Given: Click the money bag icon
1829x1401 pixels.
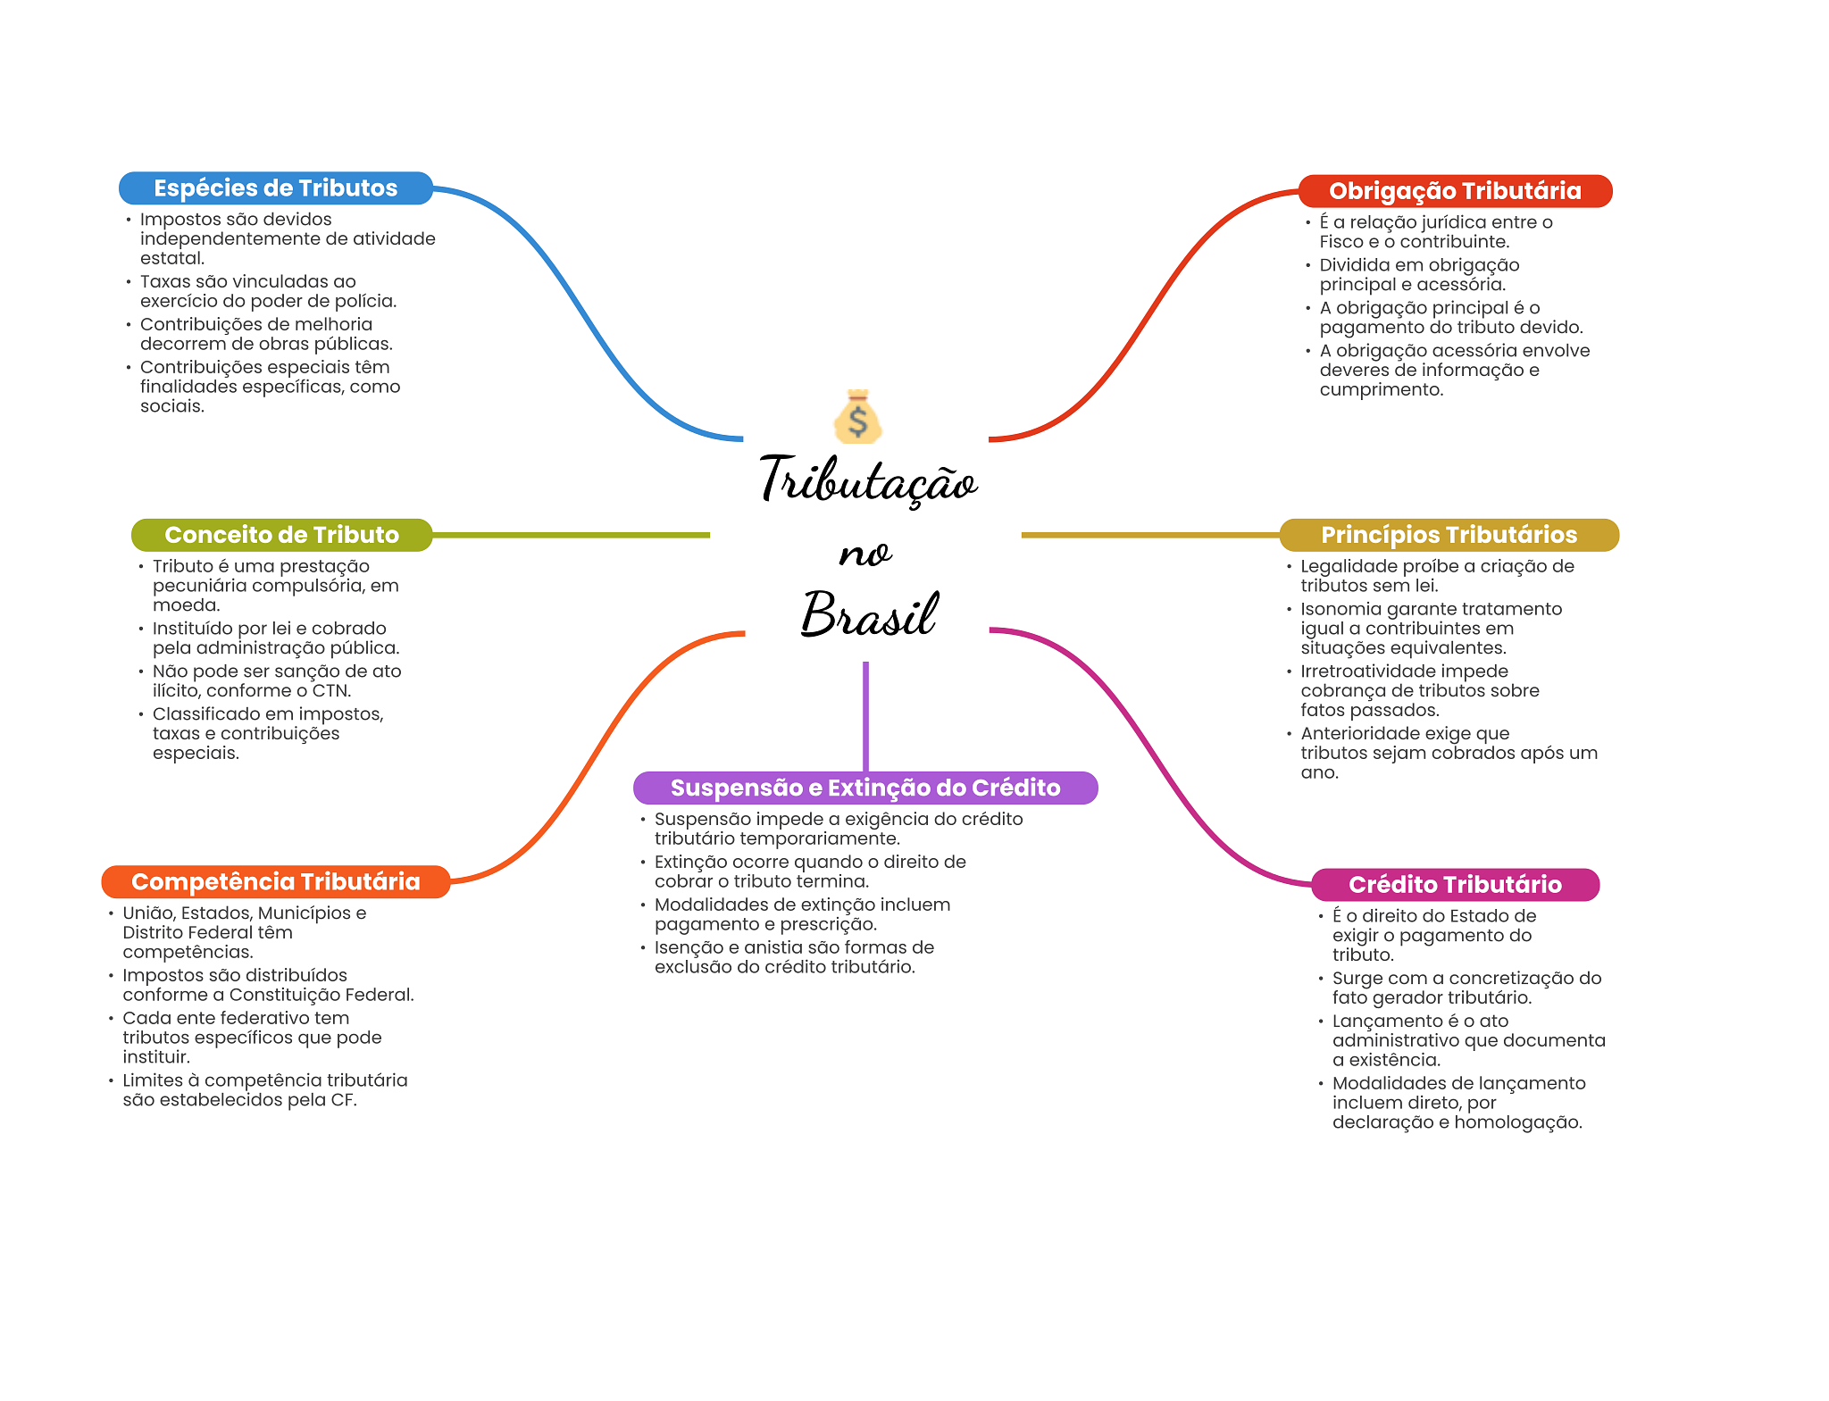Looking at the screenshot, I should tap(857, 417).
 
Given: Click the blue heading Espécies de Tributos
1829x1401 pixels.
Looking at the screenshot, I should tap(275, 188).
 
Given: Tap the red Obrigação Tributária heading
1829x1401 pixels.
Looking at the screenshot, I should tap(1454, 191).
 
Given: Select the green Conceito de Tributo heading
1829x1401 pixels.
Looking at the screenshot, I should tap(281, 535).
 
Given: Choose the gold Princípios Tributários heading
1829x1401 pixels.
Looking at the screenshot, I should tap(1449, 535).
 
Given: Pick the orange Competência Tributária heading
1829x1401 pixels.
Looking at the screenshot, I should tap(275, 882).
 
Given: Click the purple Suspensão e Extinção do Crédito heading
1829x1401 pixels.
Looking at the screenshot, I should tap(864, 788).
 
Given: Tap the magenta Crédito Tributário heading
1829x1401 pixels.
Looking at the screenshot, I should tap(1454, 885).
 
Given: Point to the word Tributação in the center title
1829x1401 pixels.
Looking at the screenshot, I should tap(868, 480).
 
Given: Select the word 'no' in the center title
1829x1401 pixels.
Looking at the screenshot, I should tap(864, 554).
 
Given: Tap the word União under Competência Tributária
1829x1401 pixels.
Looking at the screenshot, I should tap(146, 913).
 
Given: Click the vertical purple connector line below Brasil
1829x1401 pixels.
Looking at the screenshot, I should tap(865, 714).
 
